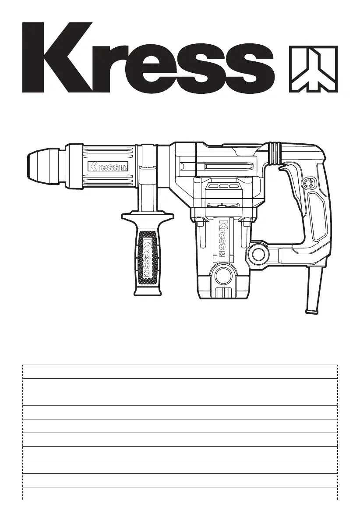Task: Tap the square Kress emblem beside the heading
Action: click(x=313, y=69)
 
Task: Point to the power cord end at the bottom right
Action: click(x=314, y=290)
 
